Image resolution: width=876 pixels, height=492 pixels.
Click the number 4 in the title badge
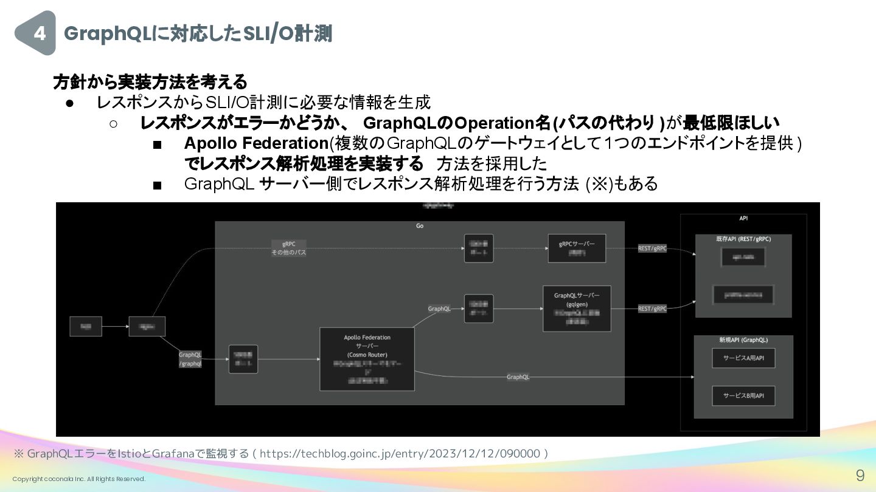pos(40,33)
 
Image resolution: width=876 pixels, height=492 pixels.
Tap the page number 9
pos(860,475)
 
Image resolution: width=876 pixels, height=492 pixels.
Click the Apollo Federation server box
pos(367,359)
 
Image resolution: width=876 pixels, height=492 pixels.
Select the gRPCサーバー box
pos(577,248)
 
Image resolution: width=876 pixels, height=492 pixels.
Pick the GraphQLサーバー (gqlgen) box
pos(577,309)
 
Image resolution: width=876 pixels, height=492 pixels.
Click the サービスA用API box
pos(743,358)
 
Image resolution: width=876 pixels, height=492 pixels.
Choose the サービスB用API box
pos(743,395)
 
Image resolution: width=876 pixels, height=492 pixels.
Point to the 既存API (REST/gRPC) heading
pos(743,239)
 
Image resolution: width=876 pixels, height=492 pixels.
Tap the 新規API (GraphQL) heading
pos(743,340)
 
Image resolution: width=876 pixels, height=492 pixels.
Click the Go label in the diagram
pos(420,226)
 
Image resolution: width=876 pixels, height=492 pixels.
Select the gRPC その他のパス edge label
pos(288,248)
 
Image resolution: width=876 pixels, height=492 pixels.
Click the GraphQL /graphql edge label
pos(190,359)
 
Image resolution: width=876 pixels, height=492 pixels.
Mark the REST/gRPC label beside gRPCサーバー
pos(652,248)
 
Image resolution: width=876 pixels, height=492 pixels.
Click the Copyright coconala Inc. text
pos(79,479)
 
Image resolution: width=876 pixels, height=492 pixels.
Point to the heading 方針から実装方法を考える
pos(150,81)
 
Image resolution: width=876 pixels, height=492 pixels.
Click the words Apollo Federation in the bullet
pos(256,143)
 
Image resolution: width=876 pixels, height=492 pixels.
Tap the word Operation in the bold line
pos(494,123)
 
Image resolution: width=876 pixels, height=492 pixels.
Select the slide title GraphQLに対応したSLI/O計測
pos(198,34)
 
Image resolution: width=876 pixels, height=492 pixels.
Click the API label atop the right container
pos(743,218)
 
